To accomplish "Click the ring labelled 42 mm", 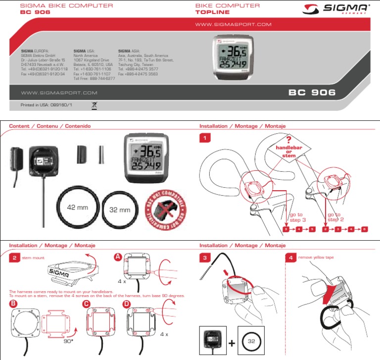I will tap(78, 208).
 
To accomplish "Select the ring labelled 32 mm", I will tap(119, 209).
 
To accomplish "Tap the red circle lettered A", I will tap(118, 257).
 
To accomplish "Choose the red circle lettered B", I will tap(13, 304).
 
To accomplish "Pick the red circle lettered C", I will tap(87, 304).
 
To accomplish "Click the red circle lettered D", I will tap(127, 304).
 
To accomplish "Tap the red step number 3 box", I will tap(205, 257).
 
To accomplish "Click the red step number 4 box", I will tap(291, 257).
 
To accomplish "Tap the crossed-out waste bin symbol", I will tap(95, 105).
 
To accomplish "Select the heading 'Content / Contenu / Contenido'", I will tap(50, 126).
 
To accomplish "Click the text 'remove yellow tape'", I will tap(317, 258).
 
